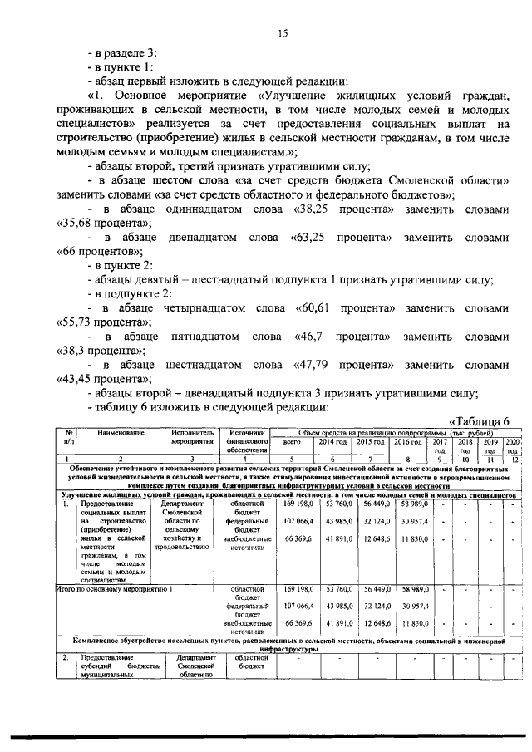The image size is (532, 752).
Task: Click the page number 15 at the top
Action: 283,33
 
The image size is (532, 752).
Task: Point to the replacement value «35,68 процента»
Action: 102,224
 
